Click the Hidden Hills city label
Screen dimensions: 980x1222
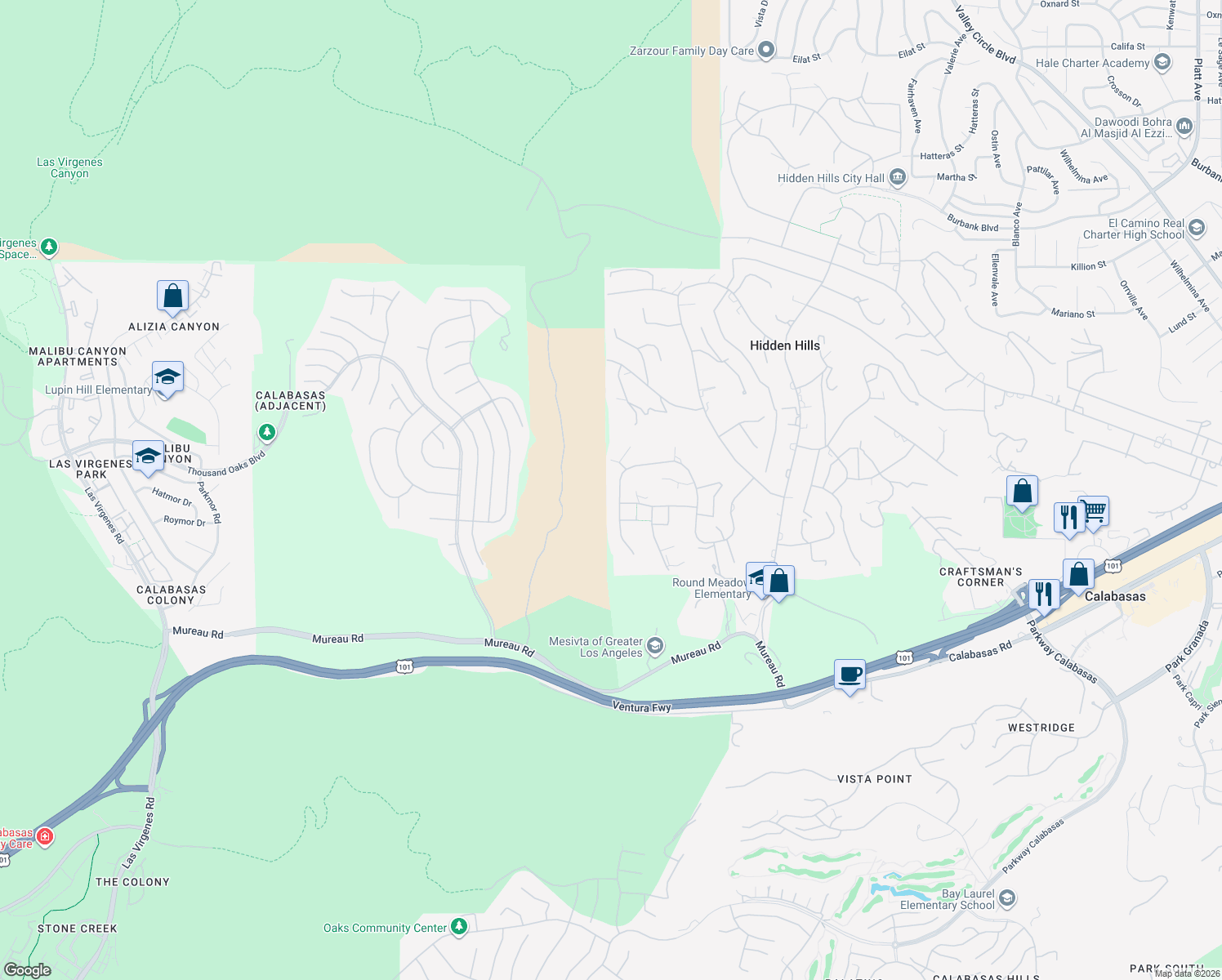(784, 345)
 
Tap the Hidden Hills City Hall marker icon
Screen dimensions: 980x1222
(898, 177)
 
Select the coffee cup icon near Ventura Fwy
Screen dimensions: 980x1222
(850, 675)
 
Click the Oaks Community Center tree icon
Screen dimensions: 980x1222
(459, 927)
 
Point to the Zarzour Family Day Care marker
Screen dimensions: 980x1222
(765, 51)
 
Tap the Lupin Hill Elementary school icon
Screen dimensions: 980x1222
(167, 377)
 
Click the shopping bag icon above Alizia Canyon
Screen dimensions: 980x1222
(172, 296)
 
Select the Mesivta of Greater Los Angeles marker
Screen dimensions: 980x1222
(654, 647)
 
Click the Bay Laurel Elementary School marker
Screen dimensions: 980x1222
(1007, 899)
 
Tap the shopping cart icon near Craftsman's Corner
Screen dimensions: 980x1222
(1094, 512)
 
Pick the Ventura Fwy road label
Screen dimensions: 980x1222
(641, 706)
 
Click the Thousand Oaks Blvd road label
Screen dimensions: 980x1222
(226, 463)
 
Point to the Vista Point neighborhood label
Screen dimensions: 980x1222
(874, 779)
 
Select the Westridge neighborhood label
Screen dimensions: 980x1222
(1041, 728)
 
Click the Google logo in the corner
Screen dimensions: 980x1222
(27, 969)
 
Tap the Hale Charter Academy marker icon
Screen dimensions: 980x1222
(1162, 63)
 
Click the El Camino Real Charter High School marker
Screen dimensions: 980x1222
(1197, 228)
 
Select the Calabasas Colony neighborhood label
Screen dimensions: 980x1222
(171, 595)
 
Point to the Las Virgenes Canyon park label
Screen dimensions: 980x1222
(69, 167)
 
